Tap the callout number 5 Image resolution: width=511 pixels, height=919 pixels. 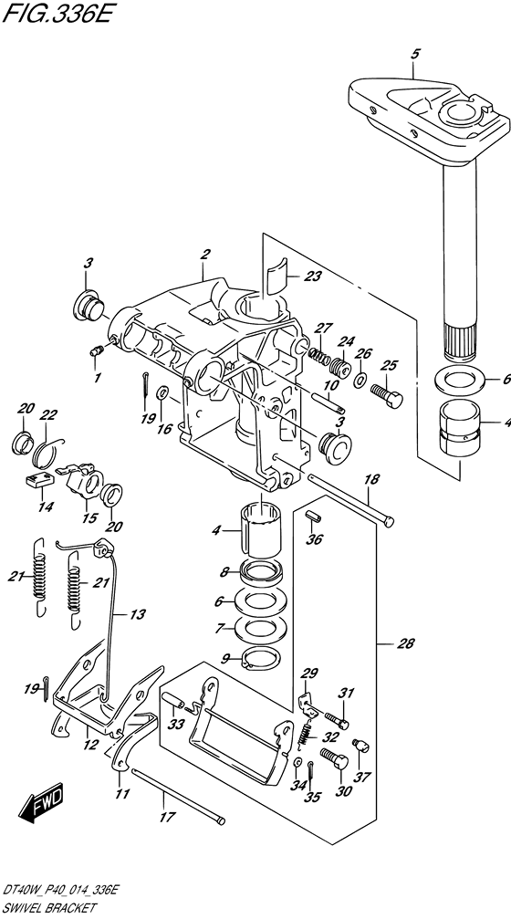[415, 55]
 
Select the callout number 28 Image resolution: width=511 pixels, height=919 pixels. [405, 644]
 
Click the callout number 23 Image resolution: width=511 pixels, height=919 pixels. [313, 276]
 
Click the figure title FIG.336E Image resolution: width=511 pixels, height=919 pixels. [56, 12]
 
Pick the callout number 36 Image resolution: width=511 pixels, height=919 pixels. [314, 538]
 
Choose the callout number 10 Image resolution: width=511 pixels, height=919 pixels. [330, 386]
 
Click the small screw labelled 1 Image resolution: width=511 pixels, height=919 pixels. [96, 351]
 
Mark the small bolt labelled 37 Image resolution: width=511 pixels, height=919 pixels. [361, 745]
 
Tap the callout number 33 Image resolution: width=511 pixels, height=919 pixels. [175, 725]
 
